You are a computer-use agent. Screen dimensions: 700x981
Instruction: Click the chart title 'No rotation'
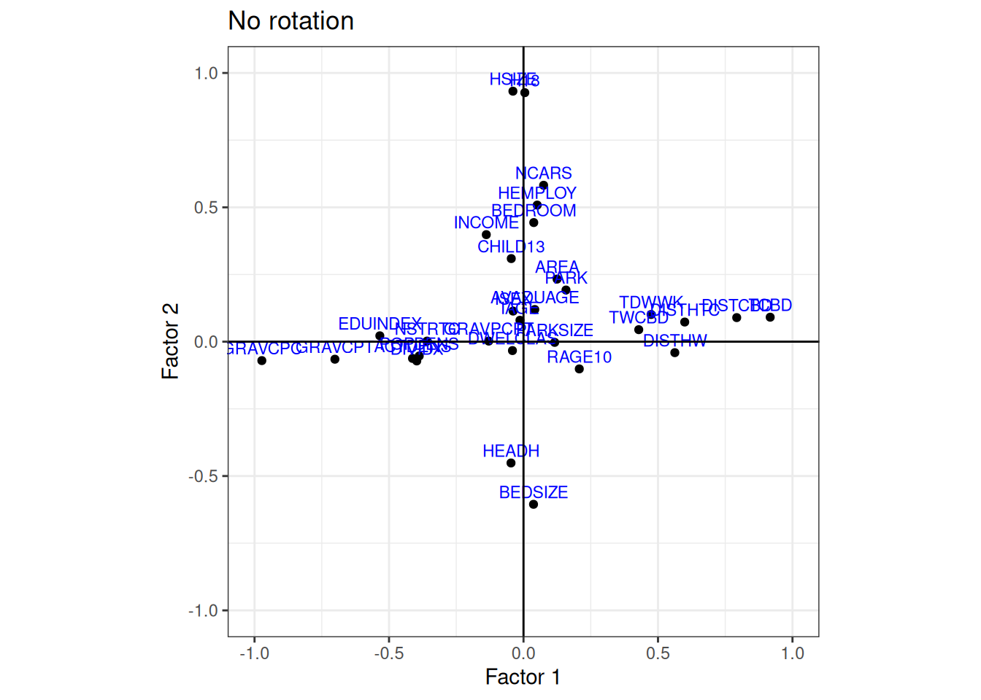(x=291, y=21)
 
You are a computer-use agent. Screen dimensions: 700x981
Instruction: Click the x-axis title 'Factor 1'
(x=523, y=677)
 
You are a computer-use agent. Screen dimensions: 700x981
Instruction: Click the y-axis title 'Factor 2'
(x=169, y=341)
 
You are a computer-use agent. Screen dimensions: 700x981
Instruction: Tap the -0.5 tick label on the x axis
(x=388, y=653)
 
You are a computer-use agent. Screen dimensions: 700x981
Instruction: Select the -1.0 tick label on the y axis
(x=204, y=610)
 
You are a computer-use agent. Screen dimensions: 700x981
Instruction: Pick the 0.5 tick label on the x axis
(x=658, y=653)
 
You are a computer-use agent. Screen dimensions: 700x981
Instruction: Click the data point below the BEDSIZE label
(x=534, y=505)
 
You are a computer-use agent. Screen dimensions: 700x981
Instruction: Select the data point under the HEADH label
(x=511, y=463)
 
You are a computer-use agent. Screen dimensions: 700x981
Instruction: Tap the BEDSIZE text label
(x=534, y=492)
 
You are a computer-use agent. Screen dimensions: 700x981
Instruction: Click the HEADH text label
(x=511, y=451)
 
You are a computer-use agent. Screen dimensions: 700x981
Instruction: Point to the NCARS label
(x=544, y=174)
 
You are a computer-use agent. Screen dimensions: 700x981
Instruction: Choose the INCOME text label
(x=486, y=223)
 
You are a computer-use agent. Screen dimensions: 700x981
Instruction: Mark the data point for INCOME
(x=486, y=235)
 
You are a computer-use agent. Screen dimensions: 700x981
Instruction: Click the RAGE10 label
(x=580, y=357)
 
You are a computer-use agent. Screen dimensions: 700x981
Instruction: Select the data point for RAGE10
(x=580, y=369)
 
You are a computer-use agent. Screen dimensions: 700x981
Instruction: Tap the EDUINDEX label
(x=380, y=324)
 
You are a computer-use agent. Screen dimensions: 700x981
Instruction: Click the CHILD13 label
(x=511, y=247)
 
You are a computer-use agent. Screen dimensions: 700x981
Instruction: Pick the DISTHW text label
(x=675, y=341)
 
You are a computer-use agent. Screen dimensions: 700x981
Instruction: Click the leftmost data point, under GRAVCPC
(x=262, y=361)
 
